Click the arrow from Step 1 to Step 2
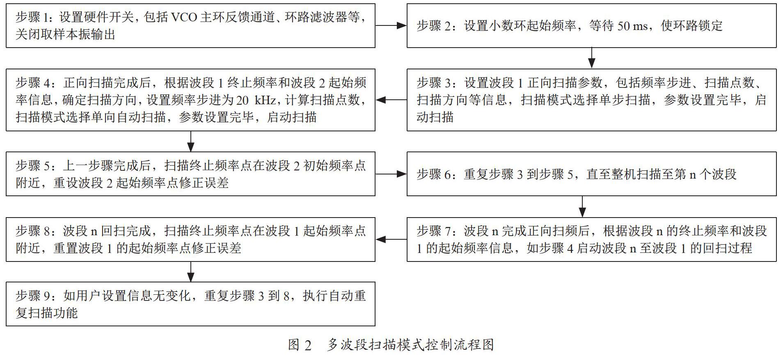click(391, 25)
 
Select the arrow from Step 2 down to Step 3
click(591, 58)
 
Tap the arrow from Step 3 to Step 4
click(391, 100)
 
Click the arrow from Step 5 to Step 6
click(391, 174)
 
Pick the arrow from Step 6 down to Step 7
click(582, 206)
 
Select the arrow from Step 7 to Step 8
click(391, 239)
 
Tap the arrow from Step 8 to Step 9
click(191, 272)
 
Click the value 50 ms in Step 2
click(632, 26)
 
